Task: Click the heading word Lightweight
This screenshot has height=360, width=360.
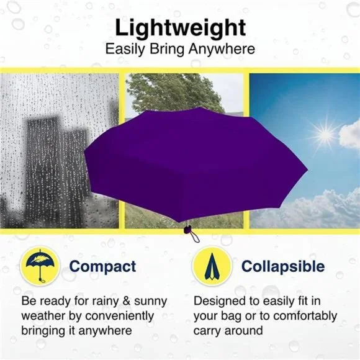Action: click(x=180, y=28)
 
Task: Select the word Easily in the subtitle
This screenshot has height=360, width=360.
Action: click(x=125, y=50)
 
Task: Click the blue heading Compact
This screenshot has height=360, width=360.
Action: click(x=102, y=267)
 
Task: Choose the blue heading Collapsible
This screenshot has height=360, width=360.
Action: click(x=283, y=267)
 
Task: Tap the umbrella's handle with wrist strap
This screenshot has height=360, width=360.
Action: click(x=190, y=233)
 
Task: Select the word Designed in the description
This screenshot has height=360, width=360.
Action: click(x=220, y=301)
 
